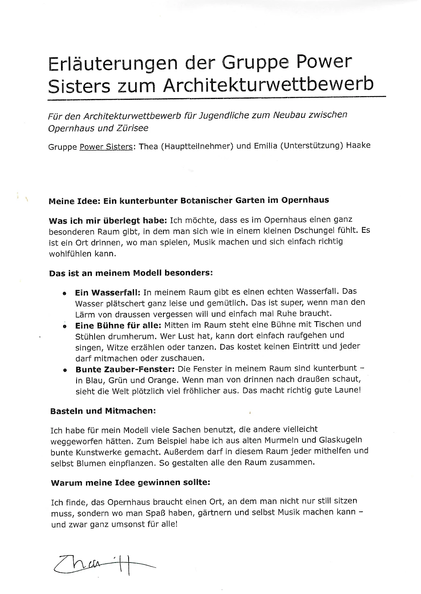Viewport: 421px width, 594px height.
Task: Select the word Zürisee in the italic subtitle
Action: (133, 128)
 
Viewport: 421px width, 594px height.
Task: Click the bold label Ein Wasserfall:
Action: (108, 293)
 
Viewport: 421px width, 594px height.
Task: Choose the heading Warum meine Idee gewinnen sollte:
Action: (130, 483)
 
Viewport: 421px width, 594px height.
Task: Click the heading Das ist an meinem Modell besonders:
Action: (131, 273)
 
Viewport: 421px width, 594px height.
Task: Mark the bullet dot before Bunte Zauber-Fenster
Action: (65, 370)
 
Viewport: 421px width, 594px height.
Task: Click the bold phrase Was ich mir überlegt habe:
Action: (108, 221)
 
